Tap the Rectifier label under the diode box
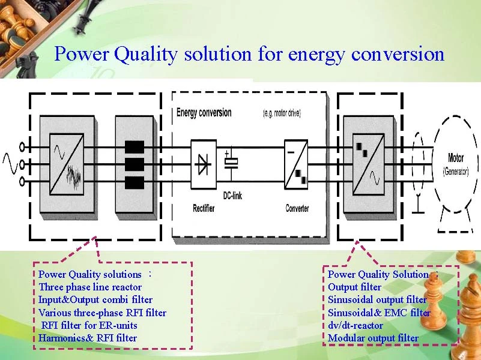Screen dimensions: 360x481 click(204, 208)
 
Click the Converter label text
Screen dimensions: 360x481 click(297, 208)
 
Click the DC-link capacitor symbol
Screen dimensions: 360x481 click(231, 162)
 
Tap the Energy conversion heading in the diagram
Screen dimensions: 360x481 click(204, 113)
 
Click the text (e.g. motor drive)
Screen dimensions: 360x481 click(282, 113)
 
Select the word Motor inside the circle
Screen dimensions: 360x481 click(456, 158)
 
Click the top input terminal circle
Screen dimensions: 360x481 click(23, 146)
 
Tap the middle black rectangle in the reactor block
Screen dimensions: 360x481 click(135, 164)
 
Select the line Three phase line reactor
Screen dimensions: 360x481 click(90, 287)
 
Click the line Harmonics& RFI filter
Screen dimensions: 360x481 click(88, 338)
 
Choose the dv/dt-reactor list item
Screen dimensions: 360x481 click(355, 325)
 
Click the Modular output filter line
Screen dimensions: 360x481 click(373, 338)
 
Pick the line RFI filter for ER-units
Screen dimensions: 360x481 click(89, 325)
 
